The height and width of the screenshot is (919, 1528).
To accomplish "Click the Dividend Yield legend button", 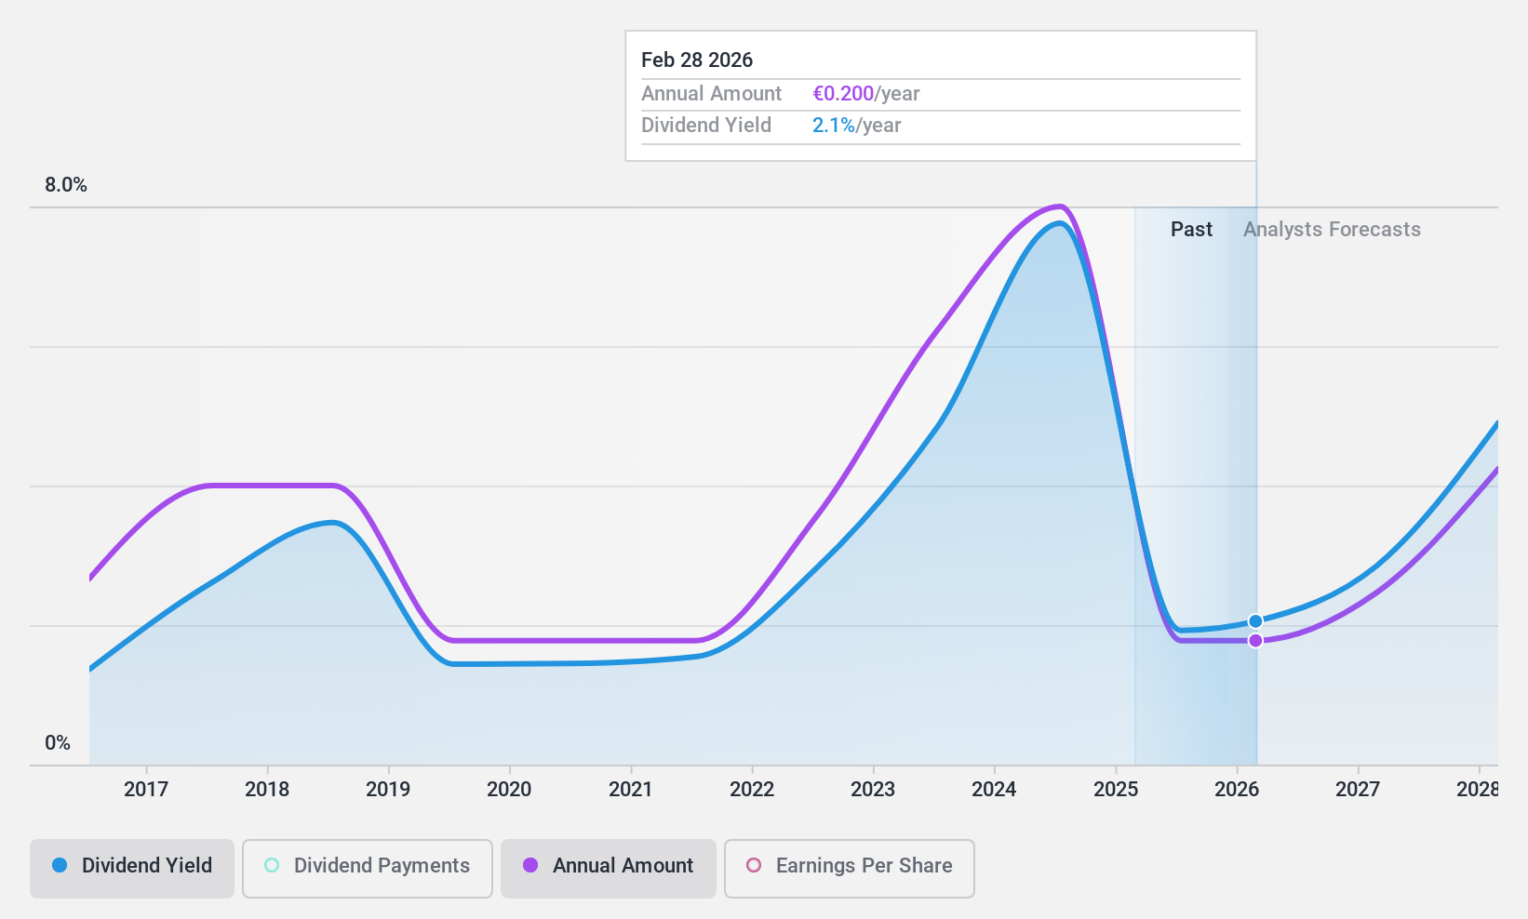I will point(131,866).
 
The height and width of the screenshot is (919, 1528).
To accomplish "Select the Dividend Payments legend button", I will point(367,866).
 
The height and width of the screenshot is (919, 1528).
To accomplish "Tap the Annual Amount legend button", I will point(608,866).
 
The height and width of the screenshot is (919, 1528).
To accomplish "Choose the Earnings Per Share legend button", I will point(849,866).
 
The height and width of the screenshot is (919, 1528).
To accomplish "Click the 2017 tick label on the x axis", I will point(146,790).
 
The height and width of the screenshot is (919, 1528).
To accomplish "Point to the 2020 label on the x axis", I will point(509,790).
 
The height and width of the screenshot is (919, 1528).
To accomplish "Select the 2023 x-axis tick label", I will point(873,790).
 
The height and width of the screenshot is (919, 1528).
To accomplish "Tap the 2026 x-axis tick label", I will point(1237,790).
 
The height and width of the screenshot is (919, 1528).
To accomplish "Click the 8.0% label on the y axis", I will point(66,185).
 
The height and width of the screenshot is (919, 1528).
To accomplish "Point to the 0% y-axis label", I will point(58,743).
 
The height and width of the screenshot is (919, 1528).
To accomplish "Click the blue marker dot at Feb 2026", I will point(1255,621).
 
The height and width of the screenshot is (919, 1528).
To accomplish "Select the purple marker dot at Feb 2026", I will point(1255,641).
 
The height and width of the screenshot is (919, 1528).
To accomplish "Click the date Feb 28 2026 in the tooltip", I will point(697,60).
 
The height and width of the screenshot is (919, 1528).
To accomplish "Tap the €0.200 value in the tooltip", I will point(843,94).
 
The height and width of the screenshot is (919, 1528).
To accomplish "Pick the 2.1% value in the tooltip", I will point(833,126).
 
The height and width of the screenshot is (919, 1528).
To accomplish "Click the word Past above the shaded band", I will point(1191,230).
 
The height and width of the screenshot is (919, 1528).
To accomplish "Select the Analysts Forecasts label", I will point(1332,230).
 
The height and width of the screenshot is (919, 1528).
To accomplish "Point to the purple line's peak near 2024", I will point(1059,206).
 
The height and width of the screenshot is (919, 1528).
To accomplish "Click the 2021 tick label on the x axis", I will point(631,790).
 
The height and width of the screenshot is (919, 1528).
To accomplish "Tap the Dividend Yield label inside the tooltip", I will point(706,126).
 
